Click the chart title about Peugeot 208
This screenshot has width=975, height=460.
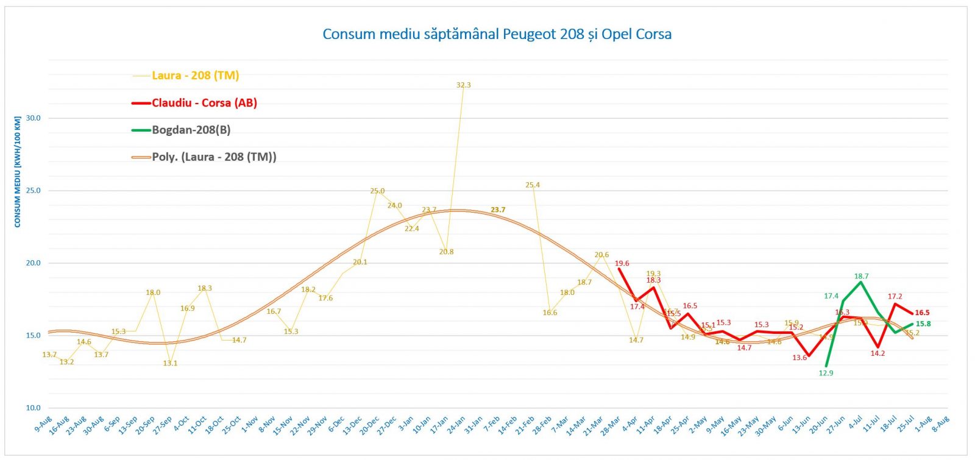(x=497, y=34)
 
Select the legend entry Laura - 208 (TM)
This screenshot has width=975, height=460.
(x=195, y=76)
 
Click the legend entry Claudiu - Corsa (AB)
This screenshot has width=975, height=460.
(x=204, y=103)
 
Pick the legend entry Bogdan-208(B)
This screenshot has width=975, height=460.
(x=191, y=130)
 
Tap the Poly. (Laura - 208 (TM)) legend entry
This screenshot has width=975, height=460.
(x=214, y=157)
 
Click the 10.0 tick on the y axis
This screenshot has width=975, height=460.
(x=34, y=408)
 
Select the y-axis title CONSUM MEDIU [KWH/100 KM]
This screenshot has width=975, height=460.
(x=18, y=172)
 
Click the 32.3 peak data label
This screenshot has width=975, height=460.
(x=463, y=85)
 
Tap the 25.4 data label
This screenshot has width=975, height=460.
(x=532, y=185)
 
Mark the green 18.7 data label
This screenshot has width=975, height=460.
(x=861, y=277)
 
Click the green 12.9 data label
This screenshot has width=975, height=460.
(x=826, y=373)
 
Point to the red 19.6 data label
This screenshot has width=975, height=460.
(x=622, y=264)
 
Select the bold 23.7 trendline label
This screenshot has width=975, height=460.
(x=498, y=210)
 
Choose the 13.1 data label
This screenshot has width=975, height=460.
(x=170, y=364)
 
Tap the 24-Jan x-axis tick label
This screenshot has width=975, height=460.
(x=456, y=425)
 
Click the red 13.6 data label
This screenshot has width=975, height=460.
(x=799, y=358)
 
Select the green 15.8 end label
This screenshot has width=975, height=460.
(x=923, y=324)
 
